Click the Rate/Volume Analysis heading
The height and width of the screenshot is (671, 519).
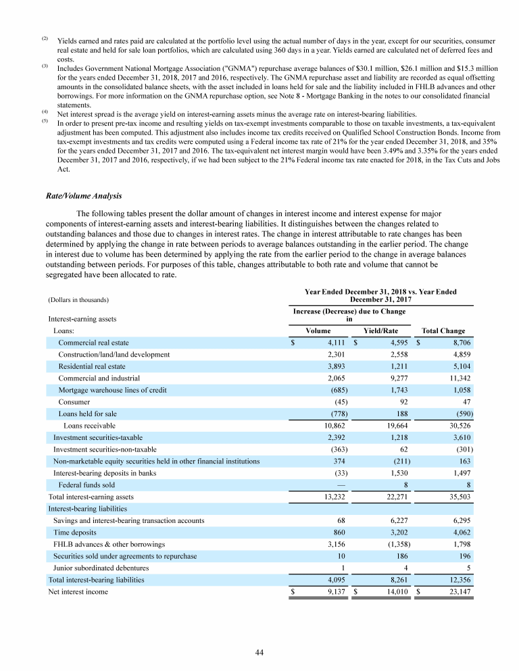(83, 197)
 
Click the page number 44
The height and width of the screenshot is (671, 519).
(259, 652)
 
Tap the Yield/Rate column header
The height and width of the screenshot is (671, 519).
(380, 331)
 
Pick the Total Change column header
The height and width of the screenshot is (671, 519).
(443, 331)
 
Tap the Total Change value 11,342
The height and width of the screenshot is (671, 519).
(460, 378)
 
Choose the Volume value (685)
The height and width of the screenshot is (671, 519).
(337, 390)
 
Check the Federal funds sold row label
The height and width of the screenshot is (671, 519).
(86, 484)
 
